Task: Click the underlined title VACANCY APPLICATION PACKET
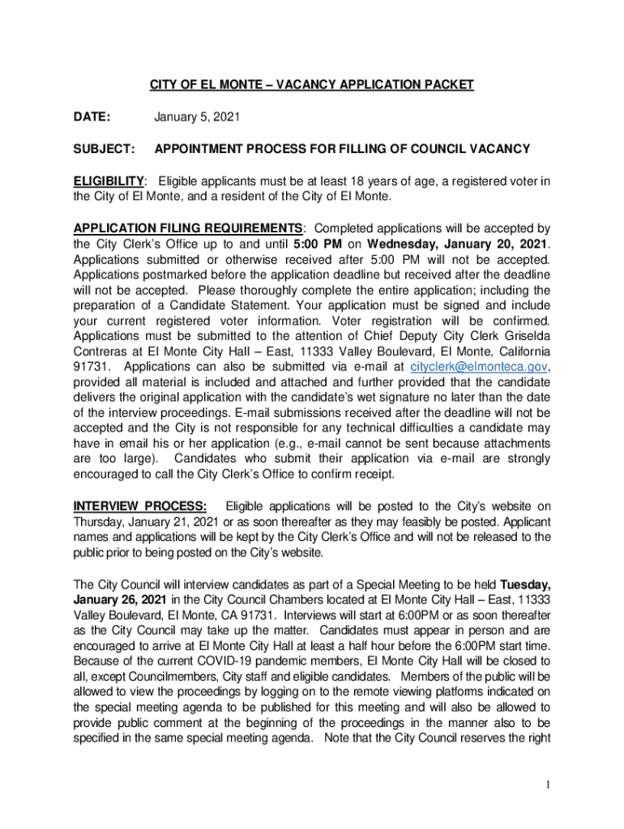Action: pyautogui.click(x=311, y=85)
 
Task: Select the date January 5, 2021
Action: pyautogui.click(x=197, y=117)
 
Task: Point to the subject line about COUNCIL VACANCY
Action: pyautogui.click(x=342, y=150)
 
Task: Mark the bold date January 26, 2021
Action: pyautogui.click(x=120, y=600)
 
